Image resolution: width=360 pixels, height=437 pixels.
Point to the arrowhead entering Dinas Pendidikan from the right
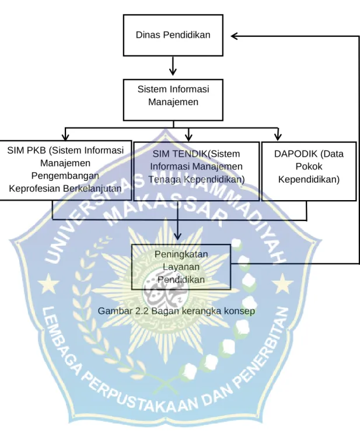click(x=235, y=36)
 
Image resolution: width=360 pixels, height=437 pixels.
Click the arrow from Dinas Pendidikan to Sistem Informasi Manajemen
click(x=173, y=66)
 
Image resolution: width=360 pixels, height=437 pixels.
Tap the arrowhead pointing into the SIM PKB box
click(x=65, y=137)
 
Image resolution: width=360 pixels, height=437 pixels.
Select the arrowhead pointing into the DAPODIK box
click(x=278, y=137)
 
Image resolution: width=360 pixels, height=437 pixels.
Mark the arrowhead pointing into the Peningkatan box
click(x=177, y=236)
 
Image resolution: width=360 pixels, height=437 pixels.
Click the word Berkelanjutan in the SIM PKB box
click(x=93, y=188)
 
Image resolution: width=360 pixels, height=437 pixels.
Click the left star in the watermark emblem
click(x=48, y=284)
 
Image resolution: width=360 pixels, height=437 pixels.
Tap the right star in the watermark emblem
click(x=283, y=284)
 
